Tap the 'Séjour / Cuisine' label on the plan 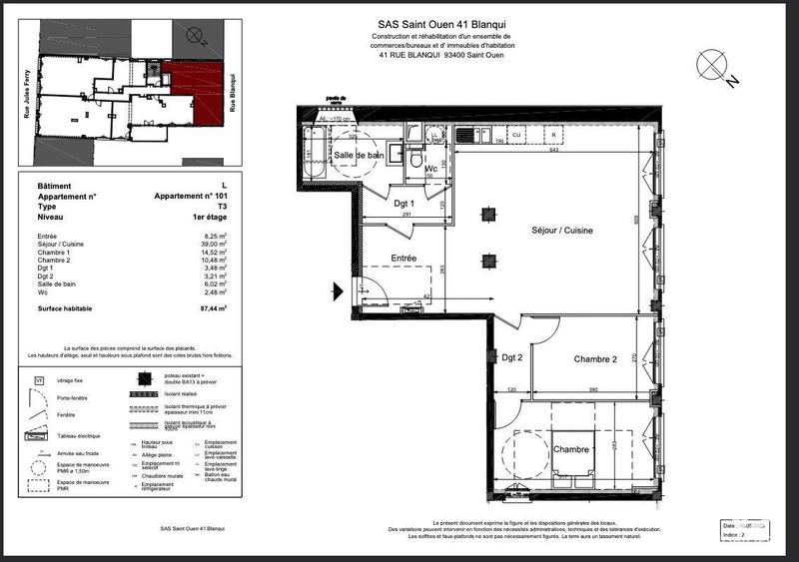click(x=562, y=231)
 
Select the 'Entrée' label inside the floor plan click(x=403, y=258)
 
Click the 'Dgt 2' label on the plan click(x=512, y=357)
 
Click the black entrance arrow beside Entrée click(x=339, y=290)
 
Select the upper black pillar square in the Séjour click(x=487, y=213)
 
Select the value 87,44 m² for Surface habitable click(x=213, y=310)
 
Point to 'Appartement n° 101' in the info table click(x=190, y=197)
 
